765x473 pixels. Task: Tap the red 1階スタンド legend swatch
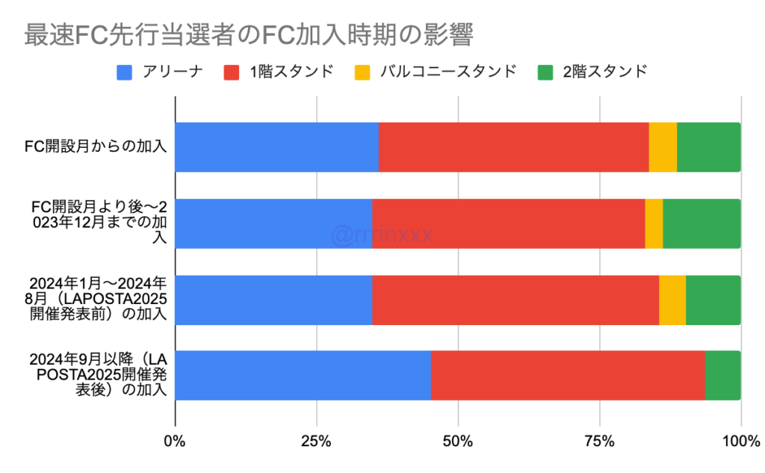(232, 72)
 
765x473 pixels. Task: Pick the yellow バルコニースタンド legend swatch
(362, 72)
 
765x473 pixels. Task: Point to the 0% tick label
(176, 441)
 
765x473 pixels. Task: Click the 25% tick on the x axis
(317, 441)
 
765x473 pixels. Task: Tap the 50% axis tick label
(458, 441)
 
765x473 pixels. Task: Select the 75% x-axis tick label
(599, 441)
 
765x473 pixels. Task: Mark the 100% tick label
(740, 441)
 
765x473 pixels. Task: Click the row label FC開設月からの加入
(95, 147)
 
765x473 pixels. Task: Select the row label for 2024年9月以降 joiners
(98, 375)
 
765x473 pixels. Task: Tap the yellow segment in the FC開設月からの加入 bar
(663, 147)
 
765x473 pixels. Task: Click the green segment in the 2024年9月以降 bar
(722, 375)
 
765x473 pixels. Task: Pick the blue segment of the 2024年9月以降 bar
(303, 375)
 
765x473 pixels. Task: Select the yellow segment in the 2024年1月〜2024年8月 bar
(672, 300)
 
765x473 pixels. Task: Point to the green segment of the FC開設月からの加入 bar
(708, 147)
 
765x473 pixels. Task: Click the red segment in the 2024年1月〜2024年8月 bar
(515, 300)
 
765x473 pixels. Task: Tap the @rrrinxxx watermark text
(382, 235)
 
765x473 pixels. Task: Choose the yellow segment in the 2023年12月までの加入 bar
(654, 223)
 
